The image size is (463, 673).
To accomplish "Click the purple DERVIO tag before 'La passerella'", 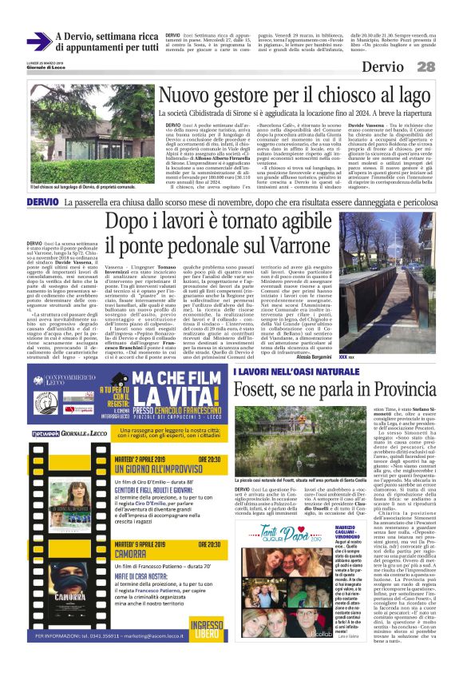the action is [42, 203].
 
